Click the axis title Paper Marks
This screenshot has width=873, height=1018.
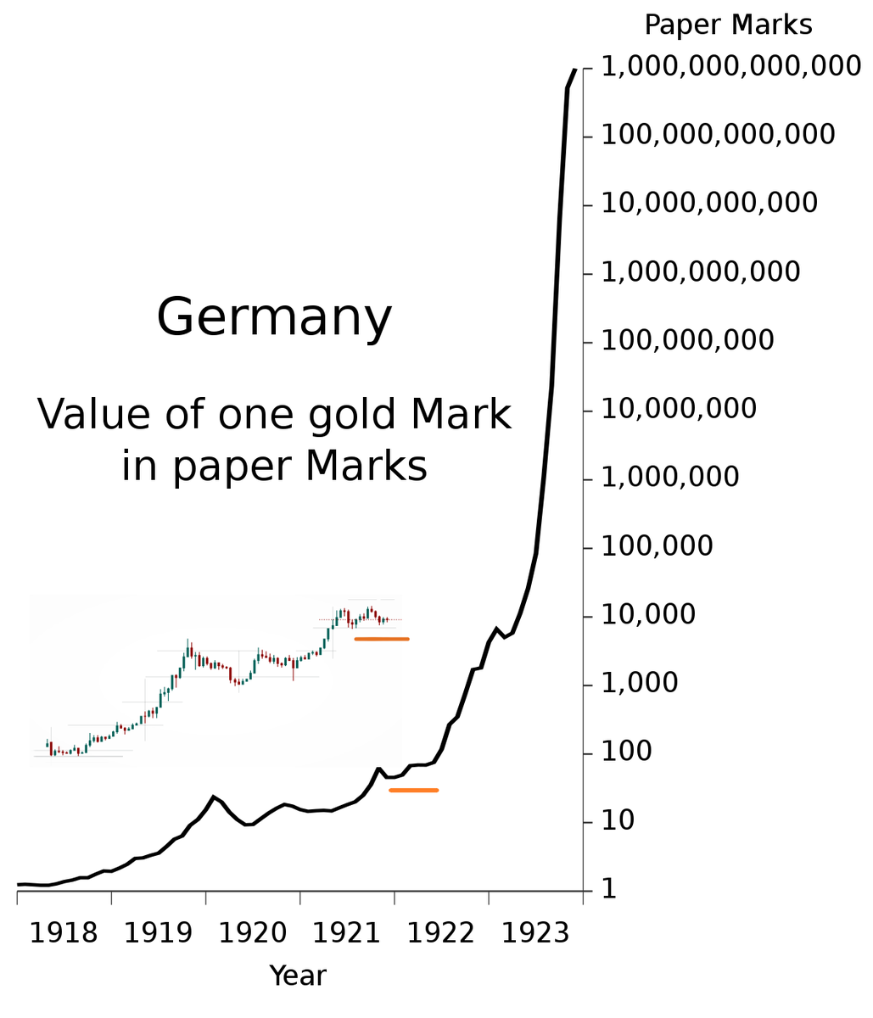tap(728, 25)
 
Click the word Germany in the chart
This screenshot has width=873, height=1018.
tap(274, 318)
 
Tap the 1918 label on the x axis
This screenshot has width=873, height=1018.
tap(64, 934)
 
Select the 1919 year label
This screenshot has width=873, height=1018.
tap(159, 934)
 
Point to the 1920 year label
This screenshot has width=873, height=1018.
tap(253, 934)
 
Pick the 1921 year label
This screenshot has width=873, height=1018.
tap(347, 934)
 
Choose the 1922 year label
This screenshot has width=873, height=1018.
tap(441, 934)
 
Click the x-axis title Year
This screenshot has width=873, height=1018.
tap(298, 976)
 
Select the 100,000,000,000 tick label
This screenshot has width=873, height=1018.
tap(718, 135)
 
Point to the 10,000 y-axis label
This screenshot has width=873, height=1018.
tap(648, 615)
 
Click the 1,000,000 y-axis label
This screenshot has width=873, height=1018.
tap(670, 478)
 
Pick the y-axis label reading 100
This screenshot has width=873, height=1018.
tap(626, 752)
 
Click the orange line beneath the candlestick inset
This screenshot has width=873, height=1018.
tap(382, 639)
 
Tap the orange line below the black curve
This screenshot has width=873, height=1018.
tap(413, 790)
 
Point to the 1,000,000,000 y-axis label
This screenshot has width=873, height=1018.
tap(701, 272)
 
